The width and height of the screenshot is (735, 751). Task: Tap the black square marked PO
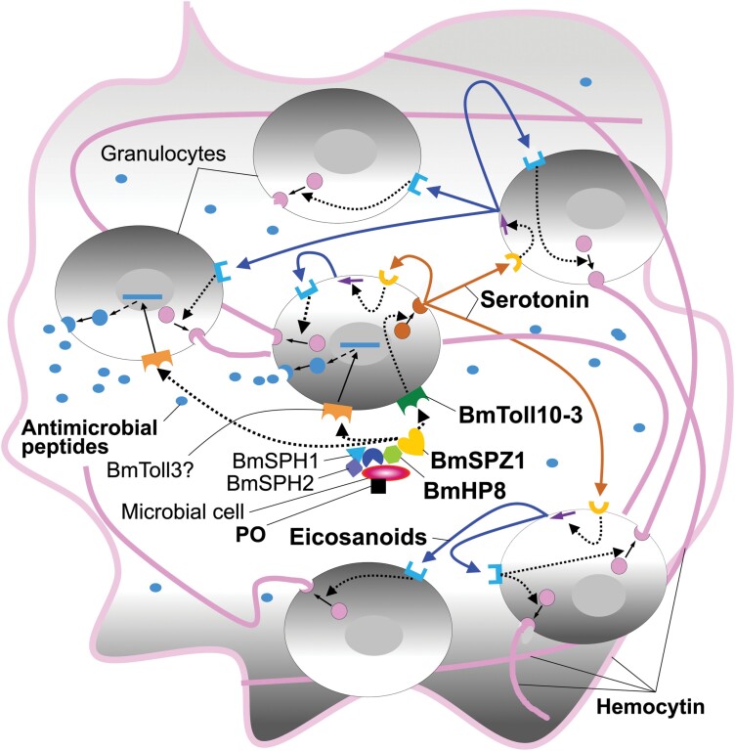tap(376, 488)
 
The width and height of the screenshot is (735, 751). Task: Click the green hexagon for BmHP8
tap(391, 455)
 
